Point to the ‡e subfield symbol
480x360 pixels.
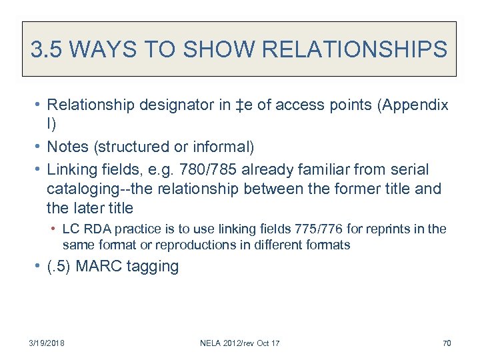(230, 105)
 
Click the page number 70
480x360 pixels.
(447, 343)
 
